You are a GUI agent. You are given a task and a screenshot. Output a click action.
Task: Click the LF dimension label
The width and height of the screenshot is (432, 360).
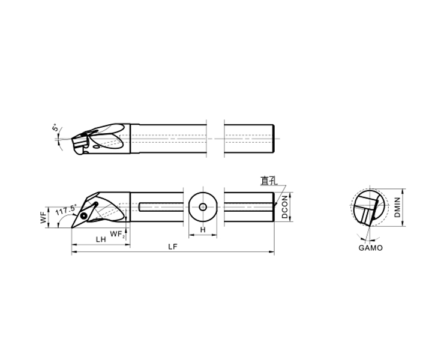173,247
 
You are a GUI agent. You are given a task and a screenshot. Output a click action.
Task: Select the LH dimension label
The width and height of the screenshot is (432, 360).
101,239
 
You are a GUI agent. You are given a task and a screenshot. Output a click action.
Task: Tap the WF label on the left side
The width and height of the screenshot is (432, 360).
44,217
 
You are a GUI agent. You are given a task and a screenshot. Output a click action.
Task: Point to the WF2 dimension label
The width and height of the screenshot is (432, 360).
118,235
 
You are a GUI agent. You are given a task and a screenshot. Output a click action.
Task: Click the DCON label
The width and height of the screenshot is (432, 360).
285,207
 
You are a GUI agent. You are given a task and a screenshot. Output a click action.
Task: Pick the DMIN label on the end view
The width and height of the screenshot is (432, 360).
397,208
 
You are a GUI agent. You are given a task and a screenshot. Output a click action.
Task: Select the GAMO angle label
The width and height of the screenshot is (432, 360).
371,248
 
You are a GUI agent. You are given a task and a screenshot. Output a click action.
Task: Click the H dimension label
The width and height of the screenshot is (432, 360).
203,230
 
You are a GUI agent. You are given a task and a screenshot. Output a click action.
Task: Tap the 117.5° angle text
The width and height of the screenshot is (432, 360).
65,210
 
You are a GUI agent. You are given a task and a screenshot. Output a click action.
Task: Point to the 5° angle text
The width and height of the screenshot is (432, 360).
55,128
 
